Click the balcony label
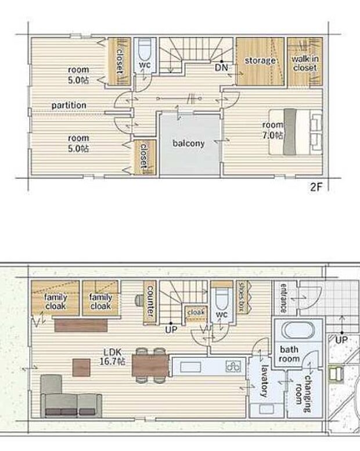189,143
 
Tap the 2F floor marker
316,187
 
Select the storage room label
260,61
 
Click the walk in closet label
305,63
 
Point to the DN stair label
221,67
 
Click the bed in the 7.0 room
296,132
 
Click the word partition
69,106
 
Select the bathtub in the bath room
298,330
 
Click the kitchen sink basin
190,367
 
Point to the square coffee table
81,367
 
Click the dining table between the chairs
150,366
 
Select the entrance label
283,298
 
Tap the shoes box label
242,296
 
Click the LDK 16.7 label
112,357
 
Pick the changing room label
303,393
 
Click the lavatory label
264,381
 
